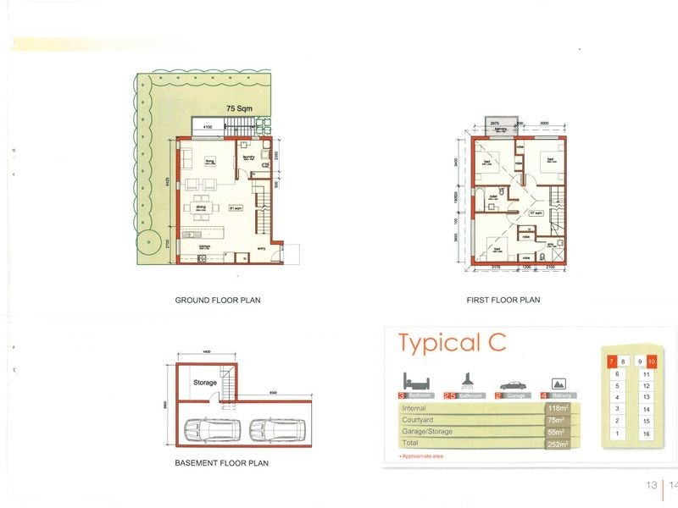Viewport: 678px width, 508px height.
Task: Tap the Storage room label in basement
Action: point(205,383)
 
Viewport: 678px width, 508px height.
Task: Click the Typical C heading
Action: point(452,343)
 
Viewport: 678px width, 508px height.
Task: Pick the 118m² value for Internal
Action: point(557,408)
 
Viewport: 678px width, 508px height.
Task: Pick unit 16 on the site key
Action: point(646,433)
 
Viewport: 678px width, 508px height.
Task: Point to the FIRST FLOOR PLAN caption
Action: point(503,301)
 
